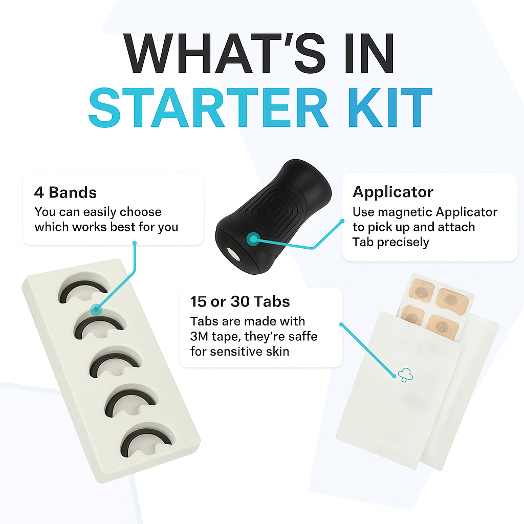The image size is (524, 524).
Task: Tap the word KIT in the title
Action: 388,108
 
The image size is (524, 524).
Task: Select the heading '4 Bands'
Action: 65,193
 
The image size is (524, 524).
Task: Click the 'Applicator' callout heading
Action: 392,192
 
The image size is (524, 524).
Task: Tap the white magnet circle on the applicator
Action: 234,254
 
